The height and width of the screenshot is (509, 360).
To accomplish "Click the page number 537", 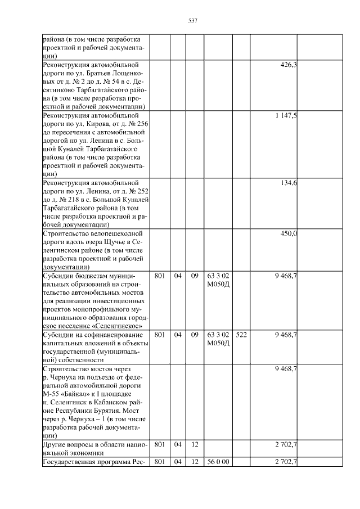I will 192,21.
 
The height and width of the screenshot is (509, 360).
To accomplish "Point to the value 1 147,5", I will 286,116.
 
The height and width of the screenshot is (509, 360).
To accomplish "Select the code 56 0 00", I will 218,462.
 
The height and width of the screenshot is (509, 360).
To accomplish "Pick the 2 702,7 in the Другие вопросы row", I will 286,444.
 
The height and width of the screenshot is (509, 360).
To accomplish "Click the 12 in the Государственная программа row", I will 194,462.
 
